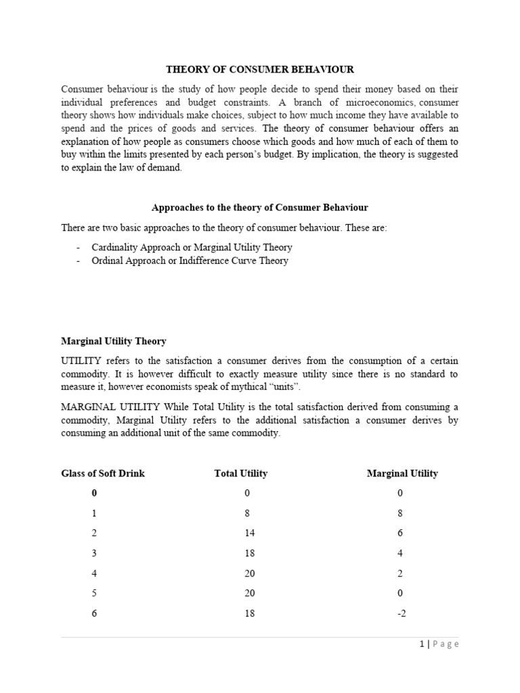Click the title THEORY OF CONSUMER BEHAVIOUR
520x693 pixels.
click(x=260, y=69)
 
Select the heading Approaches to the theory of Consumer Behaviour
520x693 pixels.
click(x=260, y=206)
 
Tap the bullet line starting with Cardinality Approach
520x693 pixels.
click(x=192, y=247)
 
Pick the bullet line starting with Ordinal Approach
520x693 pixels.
click(x=190, y=261)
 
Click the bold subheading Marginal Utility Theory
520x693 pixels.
click(x=114, y=341)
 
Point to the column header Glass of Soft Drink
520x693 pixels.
click(x=103, y=473)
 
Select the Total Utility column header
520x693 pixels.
click(x=240, y=473)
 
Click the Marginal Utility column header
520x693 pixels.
click(x=402, y=473)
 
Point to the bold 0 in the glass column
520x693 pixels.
click(x=94, y=493)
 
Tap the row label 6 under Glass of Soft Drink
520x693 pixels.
click(x=94, y=613)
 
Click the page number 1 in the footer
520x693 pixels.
click(x=420, y=644)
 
